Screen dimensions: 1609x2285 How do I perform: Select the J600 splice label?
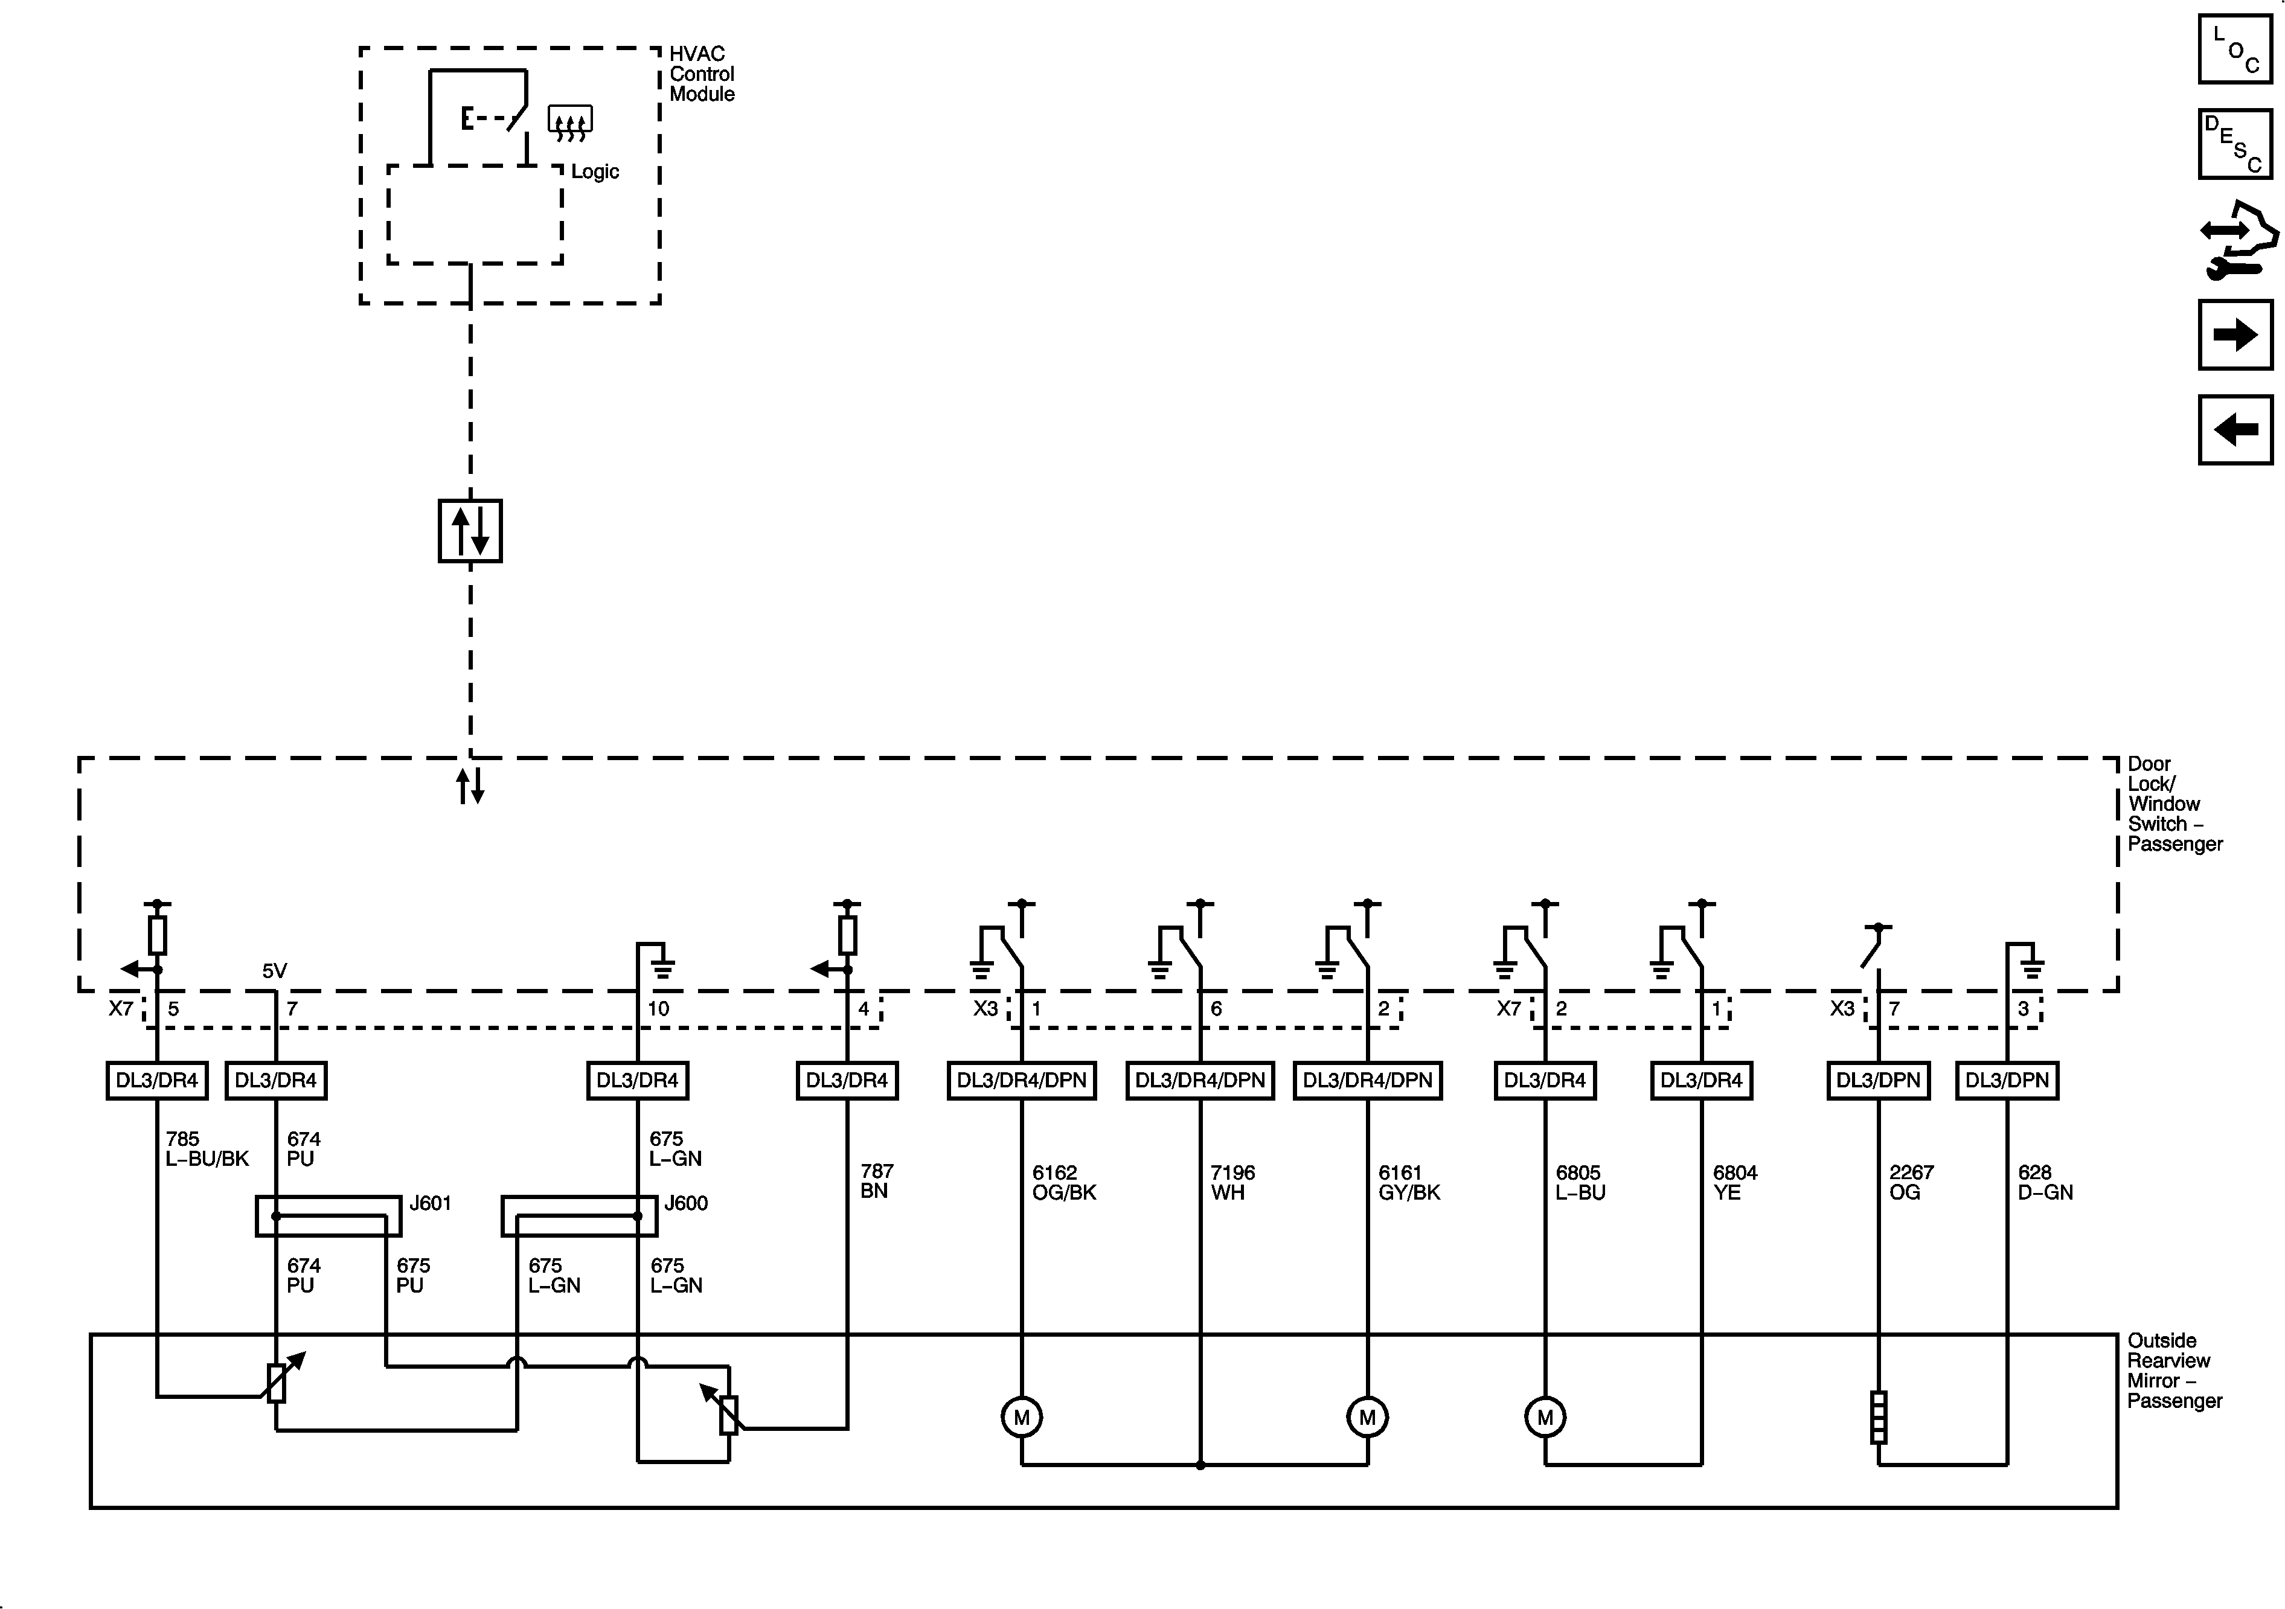(686, 1203)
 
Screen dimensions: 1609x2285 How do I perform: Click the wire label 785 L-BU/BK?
(206, 1148)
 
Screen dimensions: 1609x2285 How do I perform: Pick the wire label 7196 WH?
(1232, 1182)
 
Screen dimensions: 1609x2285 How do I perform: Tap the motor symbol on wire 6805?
(1545, 1417)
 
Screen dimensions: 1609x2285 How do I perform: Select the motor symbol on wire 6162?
(1021, 1417)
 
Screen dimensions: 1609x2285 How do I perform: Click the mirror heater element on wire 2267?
(1878, 1417)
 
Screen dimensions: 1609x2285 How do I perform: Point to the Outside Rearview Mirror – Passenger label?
(2173, 1370)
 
